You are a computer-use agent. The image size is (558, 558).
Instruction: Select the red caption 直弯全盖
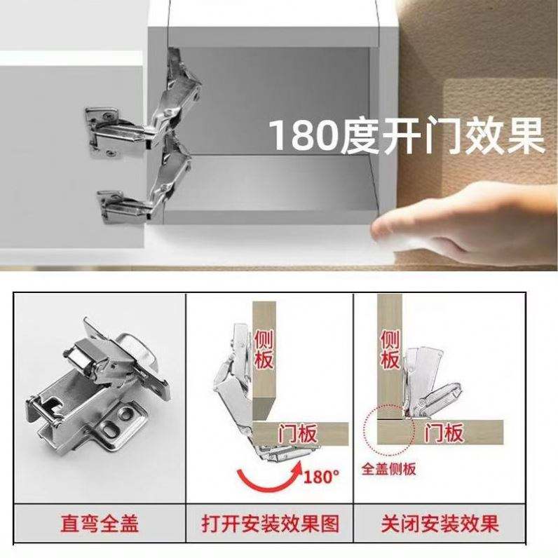[x=100, y=524]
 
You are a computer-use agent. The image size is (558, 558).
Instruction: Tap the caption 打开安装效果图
[x=270, y=524]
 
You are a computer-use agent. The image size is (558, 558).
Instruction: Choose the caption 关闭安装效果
[x=440, y=524]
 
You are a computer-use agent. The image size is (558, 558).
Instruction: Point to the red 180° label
[x=321, y=477]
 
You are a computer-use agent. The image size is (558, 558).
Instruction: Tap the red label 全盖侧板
[x=388, y=469]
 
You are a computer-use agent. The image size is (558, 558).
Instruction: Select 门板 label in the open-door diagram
[x=297, y=434]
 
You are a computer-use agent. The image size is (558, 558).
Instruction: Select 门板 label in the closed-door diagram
[x=444, y=433]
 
